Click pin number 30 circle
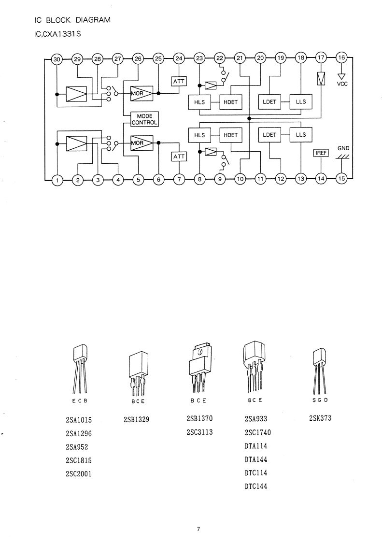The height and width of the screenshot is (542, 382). [57, 59]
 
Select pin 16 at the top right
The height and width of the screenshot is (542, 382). [341, 57]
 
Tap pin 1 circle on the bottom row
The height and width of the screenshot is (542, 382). [57, 180]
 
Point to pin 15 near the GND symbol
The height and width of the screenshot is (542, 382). [341, 178]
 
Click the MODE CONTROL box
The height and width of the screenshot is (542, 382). [144, 119]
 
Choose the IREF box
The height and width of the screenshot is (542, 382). [321, 153]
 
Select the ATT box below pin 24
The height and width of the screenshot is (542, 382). [179, 81]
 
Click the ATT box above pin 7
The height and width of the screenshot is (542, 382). [179, 157]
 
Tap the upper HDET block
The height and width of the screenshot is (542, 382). [230, 102]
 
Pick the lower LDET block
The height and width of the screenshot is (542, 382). [269, 135]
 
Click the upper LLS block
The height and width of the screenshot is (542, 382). [301, 101]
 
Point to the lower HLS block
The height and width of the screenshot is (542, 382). [199, 135]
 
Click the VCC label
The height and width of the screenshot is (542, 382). [342, 84]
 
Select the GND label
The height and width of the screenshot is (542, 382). [343, 148]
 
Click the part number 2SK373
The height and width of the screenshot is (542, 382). [320, 418]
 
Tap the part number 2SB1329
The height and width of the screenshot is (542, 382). [136, 420]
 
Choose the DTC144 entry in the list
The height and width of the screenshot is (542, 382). [256, 486]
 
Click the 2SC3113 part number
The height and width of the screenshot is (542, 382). [199, 432]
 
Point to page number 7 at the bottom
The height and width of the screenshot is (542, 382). [198, 529]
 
